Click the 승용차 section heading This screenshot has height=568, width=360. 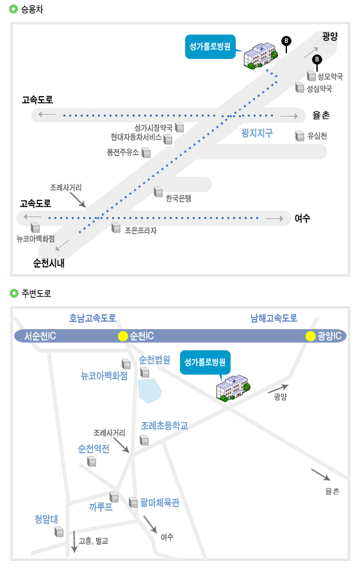[x=32, y=9]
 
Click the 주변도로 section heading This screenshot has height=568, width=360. [x=37, y=293]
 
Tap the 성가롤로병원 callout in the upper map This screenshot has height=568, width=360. [x=210, y=46]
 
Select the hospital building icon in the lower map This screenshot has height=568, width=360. [x=232, y=387]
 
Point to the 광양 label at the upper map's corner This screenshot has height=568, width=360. [x=329, y=36]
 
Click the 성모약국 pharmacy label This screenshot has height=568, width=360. [x=330, y=76]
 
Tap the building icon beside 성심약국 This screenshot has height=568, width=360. [x=299, y=88]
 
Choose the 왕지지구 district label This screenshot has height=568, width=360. [x=257, y=133]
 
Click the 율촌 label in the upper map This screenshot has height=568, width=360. [x=321, y=115]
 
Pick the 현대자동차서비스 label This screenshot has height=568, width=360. [x=136, y=137]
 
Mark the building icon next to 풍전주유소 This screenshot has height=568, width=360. [x=146, y=152]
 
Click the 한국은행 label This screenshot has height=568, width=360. [x=178, y=198]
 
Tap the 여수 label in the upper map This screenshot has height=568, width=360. [x=302, y=218]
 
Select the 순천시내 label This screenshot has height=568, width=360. [x=49, y=263]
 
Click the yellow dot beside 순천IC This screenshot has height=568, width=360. [x=123, y=336]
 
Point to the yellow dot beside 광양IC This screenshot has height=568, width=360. [x=310, y=336]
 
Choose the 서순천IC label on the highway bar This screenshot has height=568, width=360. [x=40, y=336]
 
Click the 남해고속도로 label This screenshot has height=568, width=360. [x=274, y=318]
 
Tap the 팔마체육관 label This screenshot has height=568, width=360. [x=160, y=503]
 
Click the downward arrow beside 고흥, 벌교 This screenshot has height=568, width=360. [x=74, y=542]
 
